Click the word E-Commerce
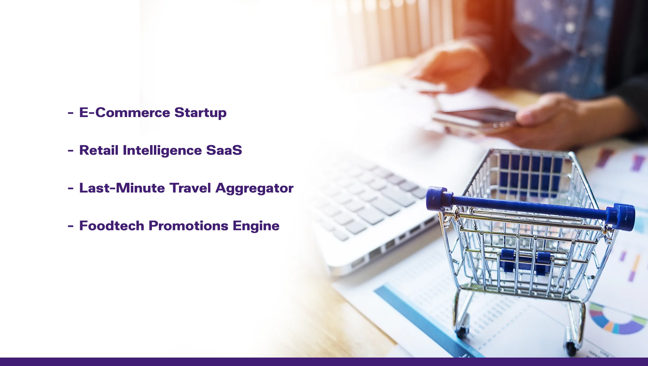(124, 112)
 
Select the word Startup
(200, 113)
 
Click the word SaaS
(224, 150)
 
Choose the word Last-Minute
(122, 188)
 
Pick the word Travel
(190, 188)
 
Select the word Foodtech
(112, 226)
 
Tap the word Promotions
(188, 226)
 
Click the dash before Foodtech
(71, 226)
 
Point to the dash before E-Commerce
(71, 113)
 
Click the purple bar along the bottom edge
(324, 362)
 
